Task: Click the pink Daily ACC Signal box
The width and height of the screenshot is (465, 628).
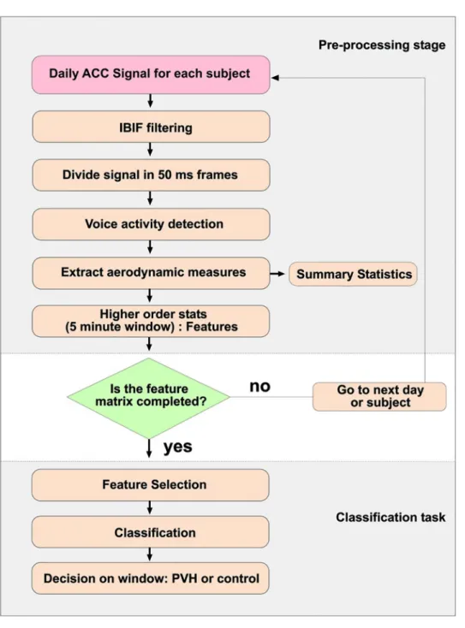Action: coord(151,75)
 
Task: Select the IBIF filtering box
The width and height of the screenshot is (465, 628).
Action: coord(151,127)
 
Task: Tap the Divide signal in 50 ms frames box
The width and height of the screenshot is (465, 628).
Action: coord(151,175)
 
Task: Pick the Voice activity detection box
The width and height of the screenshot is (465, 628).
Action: coord(151,224)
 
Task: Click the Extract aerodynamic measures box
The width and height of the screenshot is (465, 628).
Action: coord(151,273)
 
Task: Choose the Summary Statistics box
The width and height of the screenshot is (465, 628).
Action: coord(353,274)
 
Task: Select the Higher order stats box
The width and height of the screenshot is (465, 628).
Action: coord(151,321)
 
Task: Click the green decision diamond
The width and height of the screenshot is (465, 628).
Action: coord(149,398)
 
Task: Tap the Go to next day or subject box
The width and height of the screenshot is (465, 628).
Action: coord(379,396)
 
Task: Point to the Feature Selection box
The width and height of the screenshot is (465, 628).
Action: coord(151,485)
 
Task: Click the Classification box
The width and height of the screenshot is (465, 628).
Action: coord(151,532)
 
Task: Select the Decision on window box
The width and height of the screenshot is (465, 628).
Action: coord(151,578)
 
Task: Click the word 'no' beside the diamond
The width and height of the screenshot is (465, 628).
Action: coord(259,387)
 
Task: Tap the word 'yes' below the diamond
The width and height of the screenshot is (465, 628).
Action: coord(177,447)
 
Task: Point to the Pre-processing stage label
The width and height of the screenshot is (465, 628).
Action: coord(382,44)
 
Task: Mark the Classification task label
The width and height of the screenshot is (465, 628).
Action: coord(390,517)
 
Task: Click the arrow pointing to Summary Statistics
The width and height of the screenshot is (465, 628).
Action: coord(277,274)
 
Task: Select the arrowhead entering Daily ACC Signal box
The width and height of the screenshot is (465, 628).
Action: coord(275,77)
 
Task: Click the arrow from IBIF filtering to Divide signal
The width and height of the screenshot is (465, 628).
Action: coord(150,150)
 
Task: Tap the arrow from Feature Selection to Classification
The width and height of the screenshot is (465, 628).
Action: coord(150,507)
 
